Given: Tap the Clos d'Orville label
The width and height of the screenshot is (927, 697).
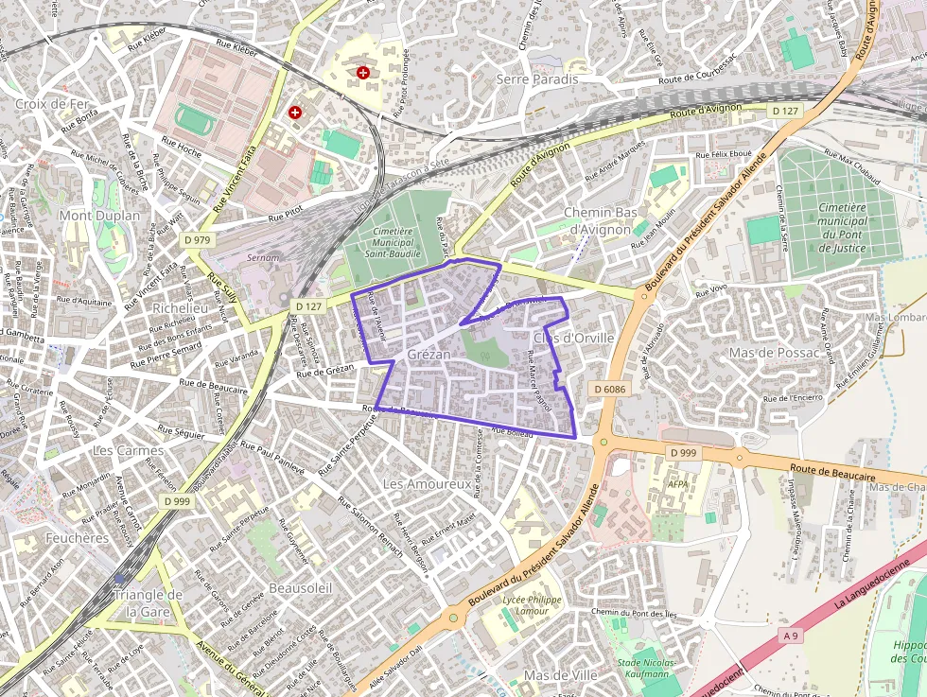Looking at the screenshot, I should (x=573, y=338).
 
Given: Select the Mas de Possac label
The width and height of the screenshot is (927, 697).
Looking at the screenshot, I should (x=766, y=352).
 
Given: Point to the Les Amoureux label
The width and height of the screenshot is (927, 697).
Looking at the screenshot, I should (x=427, y=483).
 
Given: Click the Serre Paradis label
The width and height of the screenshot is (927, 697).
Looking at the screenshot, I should (x=536, y=79).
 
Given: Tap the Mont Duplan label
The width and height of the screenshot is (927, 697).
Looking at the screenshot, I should (x=99, y=216).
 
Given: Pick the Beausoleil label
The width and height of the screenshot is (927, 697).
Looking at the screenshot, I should (x=300, y=587).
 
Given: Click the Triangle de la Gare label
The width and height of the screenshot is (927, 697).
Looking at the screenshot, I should (x=147, y=602).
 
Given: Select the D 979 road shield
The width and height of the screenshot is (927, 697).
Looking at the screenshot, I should (x=198, y=240).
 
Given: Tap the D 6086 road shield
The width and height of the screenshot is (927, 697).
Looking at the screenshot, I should (x=611, y=389).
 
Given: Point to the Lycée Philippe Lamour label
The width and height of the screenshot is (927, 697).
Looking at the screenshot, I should (x=532, y=605).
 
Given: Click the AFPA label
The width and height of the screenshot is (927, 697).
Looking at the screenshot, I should (x=678, y=483).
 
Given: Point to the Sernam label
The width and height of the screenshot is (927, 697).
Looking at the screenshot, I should (x=262, y=256).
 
